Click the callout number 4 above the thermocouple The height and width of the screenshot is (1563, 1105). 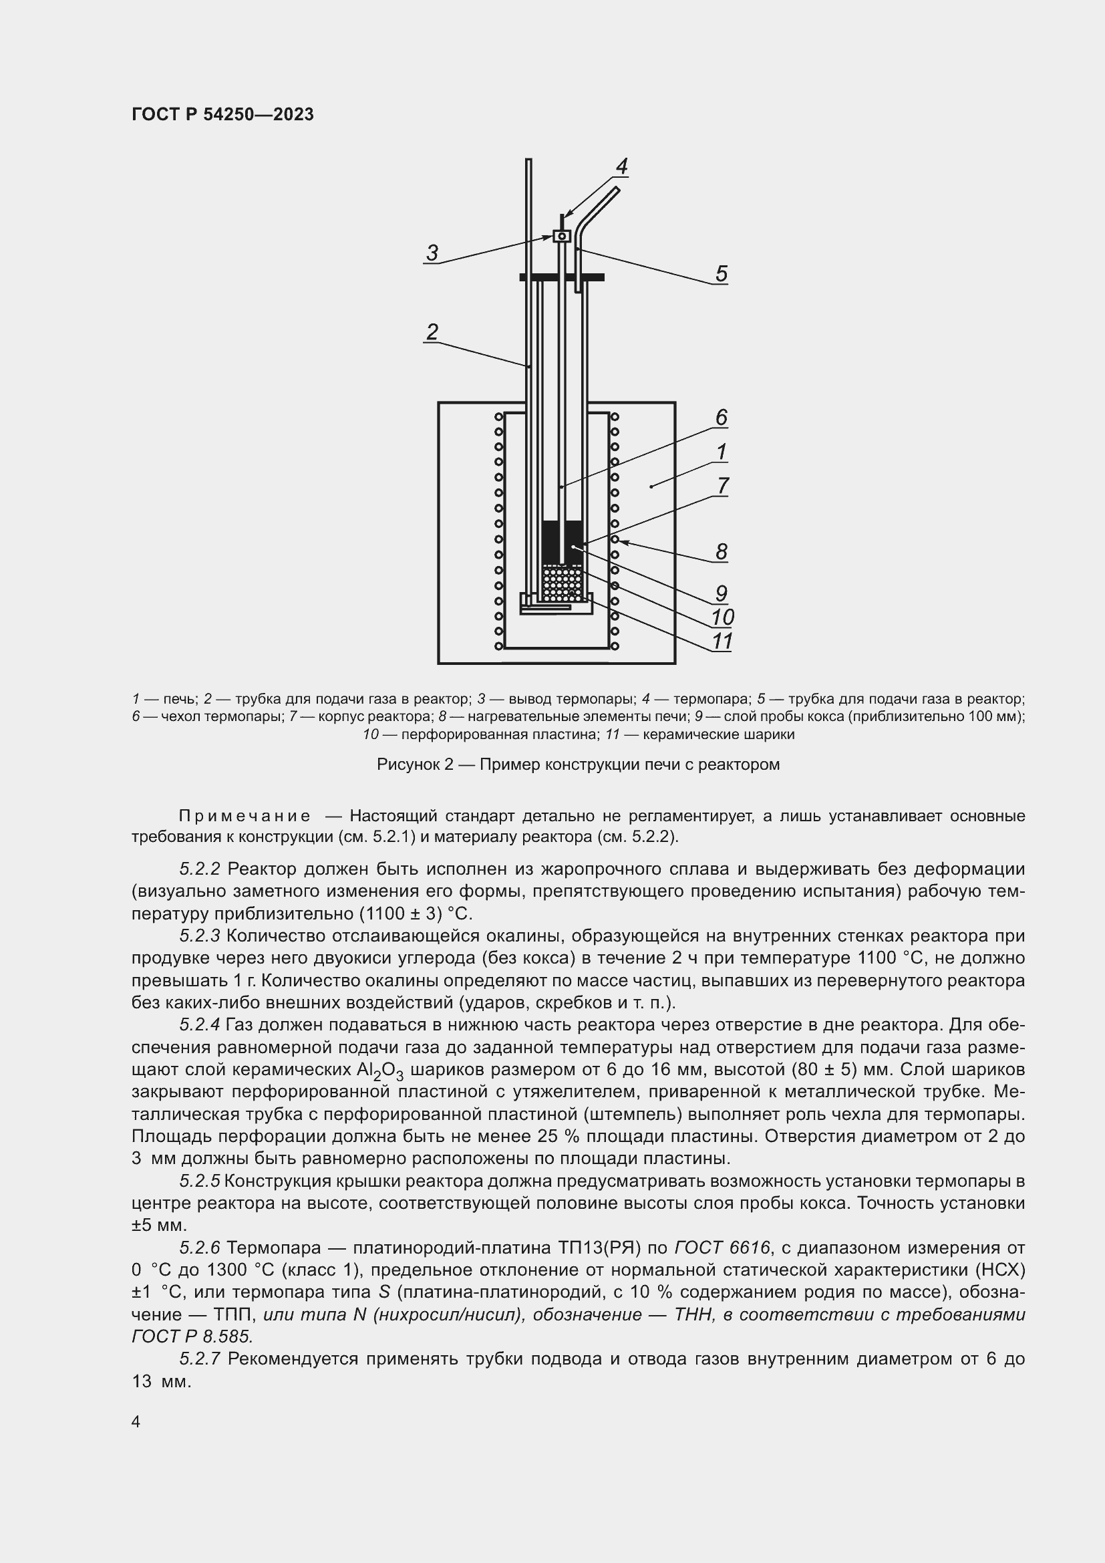(x=621, y=167)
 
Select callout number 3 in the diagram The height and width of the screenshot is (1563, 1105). (x=432, y=253)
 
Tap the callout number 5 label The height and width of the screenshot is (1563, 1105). (x=722, y=274)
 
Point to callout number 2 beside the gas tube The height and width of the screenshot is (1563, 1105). (x=432, y=332)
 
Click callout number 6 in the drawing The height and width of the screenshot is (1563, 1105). (x=722, y=417)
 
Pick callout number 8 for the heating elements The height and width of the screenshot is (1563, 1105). (x=722, y=551)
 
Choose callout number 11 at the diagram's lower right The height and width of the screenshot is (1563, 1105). (x=722, y=642)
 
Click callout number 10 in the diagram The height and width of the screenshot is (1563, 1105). (x=722, y=617)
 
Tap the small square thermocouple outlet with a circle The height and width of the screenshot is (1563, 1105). (x=561, y=236)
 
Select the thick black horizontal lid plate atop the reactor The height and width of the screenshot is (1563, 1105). (x=561, y=277)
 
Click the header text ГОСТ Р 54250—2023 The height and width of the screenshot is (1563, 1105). (x=222, y=114)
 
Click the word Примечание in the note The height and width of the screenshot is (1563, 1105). (x=245, y=816)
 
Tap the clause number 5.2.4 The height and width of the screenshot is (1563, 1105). (x=200, y=1025)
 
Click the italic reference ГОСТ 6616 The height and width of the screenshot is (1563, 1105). (x=722, y=1248)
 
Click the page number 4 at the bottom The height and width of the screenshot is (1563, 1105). (x=136, y=1422)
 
